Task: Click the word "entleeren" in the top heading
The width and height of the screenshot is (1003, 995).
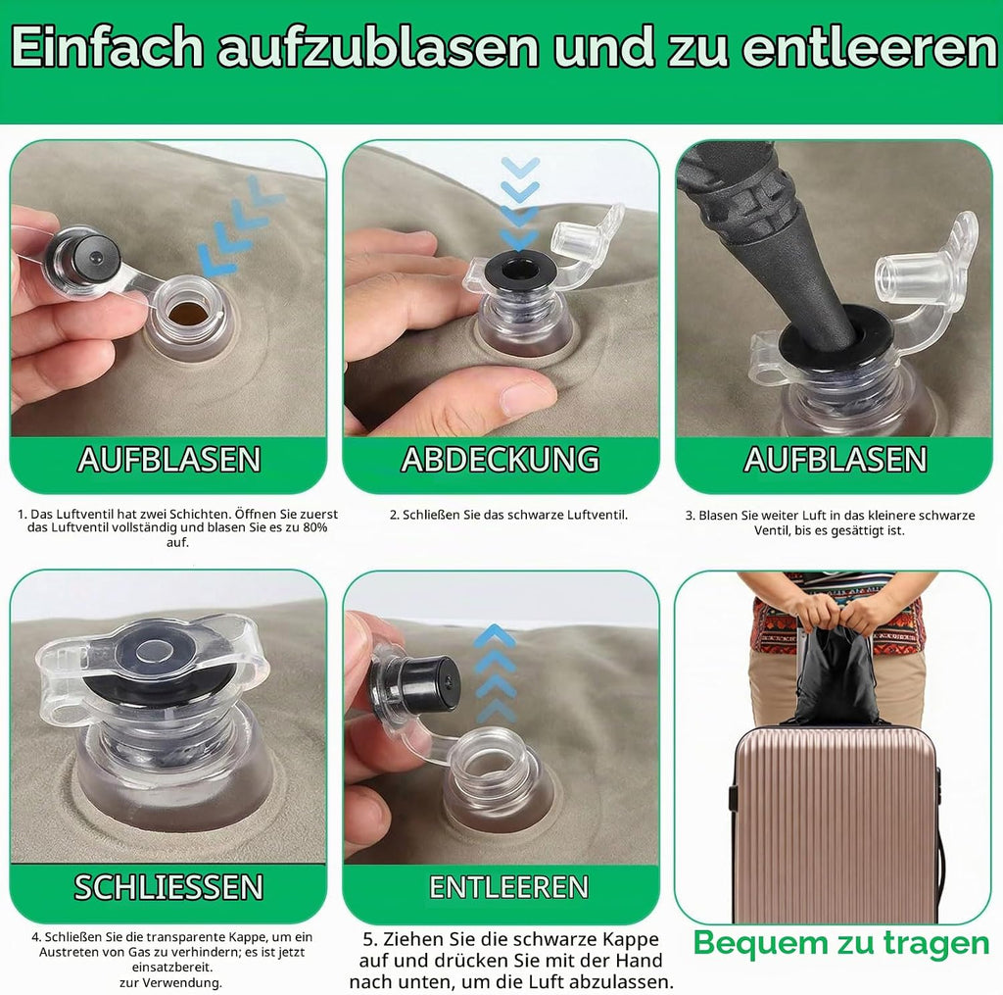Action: [870, 47]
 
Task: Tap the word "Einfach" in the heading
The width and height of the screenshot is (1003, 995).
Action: [107, 47]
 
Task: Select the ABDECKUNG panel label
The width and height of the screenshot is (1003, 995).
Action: [501, 459]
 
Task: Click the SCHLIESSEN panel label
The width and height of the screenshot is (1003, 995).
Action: [168, 887]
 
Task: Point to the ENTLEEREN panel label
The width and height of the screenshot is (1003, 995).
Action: [508, 887]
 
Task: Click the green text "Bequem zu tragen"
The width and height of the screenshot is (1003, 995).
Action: [840, 942]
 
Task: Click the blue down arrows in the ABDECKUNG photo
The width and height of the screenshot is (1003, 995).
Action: [519, 204]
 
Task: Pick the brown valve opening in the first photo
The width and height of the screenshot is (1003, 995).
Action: [187, 313]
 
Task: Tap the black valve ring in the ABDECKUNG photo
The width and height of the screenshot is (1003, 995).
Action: [519, 272]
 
